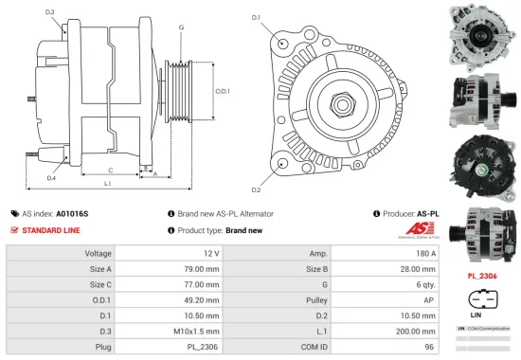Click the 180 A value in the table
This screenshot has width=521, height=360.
[x=425, y=253]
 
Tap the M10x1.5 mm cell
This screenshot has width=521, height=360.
[x=199, y=331]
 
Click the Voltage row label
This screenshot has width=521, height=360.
[x=99, y=253]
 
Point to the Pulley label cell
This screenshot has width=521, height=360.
[x=318, y=299]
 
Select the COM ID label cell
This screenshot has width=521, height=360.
[x=315, y=346]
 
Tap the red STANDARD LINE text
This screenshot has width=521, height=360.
[x=51, y=229]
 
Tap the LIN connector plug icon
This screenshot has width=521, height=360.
[x=482, y=296]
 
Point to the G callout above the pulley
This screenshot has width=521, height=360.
[x=181, y=27]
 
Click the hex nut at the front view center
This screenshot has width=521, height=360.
[x=338, y=99]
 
